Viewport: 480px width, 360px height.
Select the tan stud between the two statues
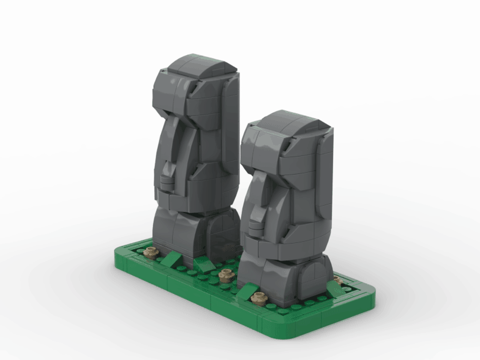(x=225, y=275)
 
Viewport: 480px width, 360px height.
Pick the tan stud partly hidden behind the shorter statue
(x=338, y=280)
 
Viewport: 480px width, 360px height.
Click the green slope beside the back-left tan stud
(x=171, y=260)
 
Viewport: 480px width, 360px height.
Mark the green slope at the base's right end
(x=335, y=288)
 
